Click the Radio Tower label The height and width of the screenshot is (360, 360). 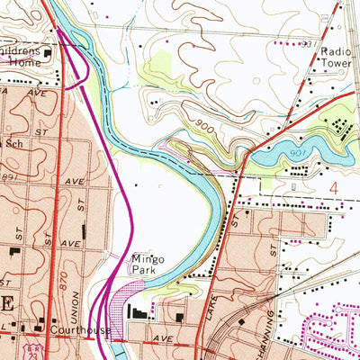click(x=337, y=59)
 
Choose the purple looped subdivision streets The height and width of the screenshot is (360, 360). click(x=333, y=328)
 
